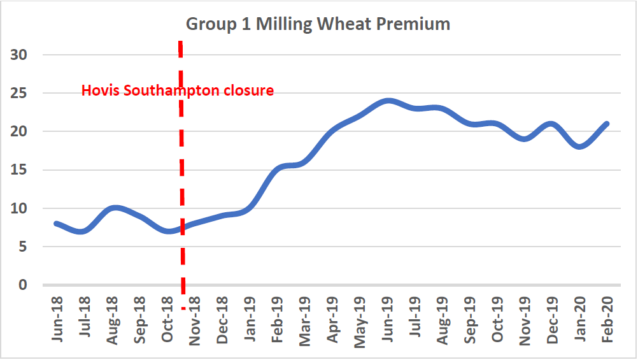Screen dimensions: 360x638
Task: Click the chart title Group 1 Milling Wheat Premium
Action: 318,24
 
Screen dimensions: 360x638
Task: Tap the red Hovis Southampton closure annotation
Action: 178,90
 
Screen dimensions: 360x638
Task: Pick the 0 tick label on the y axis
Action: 23,285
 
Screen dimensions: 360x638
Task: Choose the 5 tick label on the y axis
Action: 23,247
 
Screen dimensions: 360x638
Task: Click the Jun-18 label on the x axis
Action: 58,319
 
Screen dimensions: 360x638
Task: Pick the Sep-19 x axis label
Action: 471,319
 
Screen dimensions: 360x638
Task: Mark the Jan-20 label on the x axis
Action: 580,319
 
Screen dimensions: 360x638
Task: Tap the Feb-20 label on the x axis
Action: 607,319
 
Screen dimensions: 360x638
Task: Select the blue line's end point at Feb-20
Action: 607,124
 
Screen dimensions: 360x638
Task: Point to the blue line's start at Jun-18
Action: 57,224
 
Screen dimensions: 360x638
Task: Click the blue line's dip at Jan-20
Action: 579,147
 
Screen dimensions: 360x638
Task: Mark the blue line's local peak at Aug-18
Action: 113,208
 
